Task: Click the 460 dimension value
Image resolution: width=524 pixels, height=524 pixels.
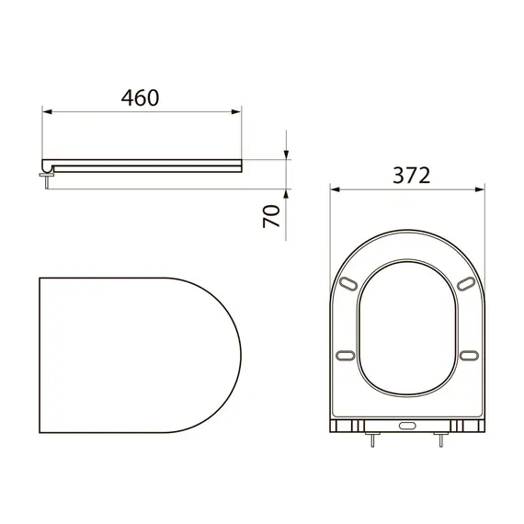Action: pos(141,97)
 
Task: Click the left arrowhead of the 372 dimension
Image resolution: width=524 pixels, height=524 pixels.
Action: pos(335,191)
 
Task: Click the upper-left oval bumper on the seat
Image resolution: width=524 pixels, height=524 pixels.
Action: pos(347,282)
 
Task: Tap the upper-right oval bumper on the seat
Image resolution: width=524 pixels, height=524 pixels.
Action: pos(468,282)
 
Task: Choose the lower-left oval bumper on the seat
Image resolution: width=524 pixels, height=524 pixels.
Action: pos(347,355)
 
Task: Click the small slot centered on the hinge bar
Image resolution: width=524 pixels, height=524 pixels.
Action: pos(407,427)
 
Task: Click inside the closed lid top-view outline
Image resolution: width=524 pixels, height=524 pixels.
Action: pos(138,354)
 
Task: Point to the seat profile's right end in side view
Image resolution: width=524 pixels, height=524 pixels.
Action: pos(241,165)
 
